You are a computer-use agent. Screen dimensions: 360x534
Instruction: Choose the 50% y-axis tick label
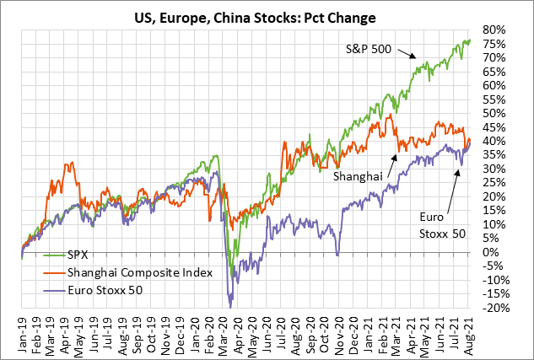pos(494,113)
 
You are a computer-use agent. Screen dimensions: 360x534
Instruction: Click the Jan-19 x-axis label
pos(23,330)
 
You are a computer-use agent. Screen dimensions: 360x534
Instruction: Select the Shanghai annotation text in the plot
pos(358,175)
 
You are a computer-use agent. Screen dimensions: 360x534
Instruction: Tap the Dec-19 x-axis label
pos(181,330)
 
